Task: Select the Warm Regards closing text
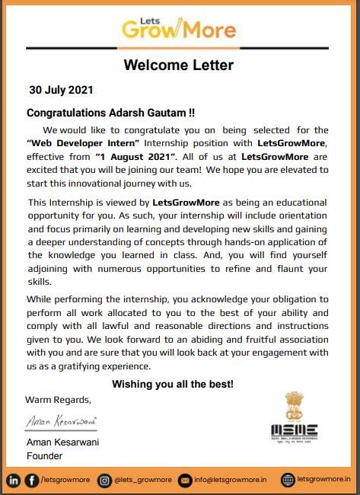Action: pos(58,400)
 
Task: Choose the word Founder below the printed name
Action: pos(44,455)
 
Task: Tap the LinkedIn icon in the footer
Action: pos(14,480)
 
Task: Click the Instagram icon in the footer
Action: pos(105,480)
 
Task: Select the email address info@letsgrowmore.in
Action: pos(231,480)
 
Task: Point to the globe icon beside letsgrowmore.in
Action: pos(288,480)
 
